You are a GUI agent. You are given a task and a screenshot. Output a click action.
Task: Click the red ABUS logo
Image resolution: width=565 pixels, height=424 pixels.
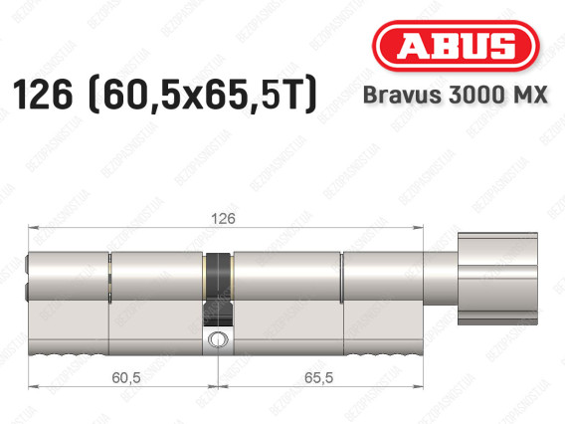click(x=457, y=46)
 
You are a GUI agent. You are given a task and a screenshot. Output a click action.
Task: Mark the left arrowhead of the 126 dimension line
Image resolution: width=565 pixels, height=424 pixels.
click(x=30, y=228)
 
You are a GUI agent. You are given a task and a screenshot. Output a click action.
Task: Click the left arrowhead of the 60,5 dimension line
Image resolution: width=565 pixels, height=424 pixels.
click(x=30, y=381)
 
